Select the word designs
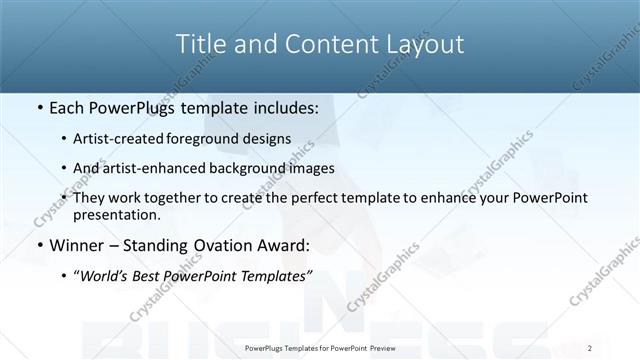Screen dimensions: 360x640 tap(273, 139)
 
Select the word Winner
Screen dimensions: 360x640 tap(78, 245)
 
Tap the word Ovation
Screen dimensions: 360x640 tap(225, 245)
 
